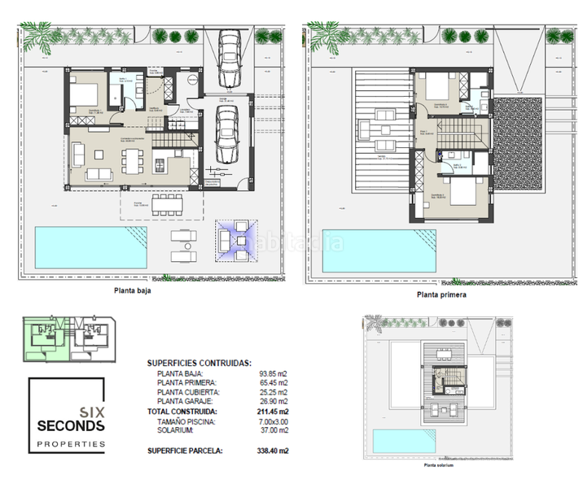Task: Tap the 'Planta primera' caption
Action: click(441, 295)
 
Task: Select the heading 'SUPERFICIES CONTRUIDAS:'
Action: click(199, 364)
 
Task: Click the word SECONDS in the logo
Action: click(71, 425)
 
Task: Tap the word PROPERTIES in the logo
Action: click(72, 444)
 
